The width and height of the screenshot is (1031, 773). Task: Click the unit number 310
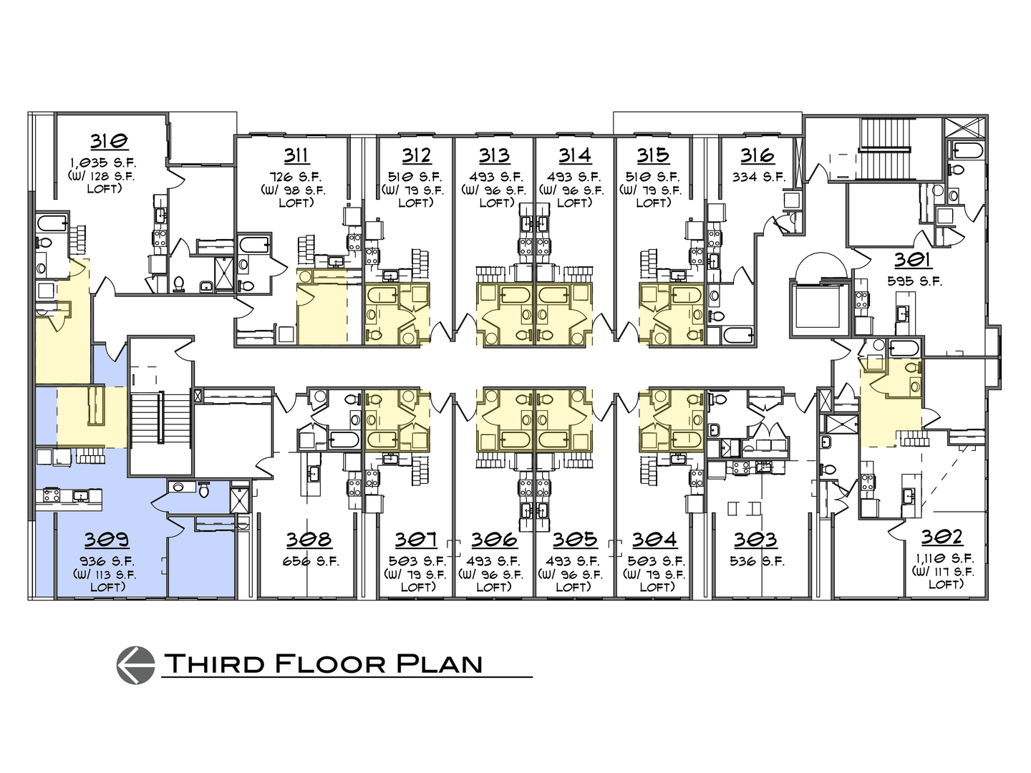point(110,140)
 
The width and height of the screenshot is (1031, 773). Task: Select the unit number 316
point(757,155)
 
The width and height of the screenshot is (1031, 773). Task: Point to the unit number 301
point(911,261)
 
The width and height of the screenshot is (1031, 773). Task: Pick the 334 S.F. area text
point(758,177)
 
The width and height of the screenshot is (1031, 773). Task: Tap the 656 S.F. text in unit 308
point(309,561)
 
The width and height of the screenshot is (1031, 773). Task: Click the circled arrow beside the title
point(135,664)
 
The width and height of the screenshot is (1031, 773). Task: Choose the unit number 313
point(494,155)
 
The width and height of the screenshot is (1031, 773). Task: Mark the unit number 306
point(494,539)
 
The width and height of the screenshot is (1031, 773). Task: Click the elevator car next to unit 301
point(817,307)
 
